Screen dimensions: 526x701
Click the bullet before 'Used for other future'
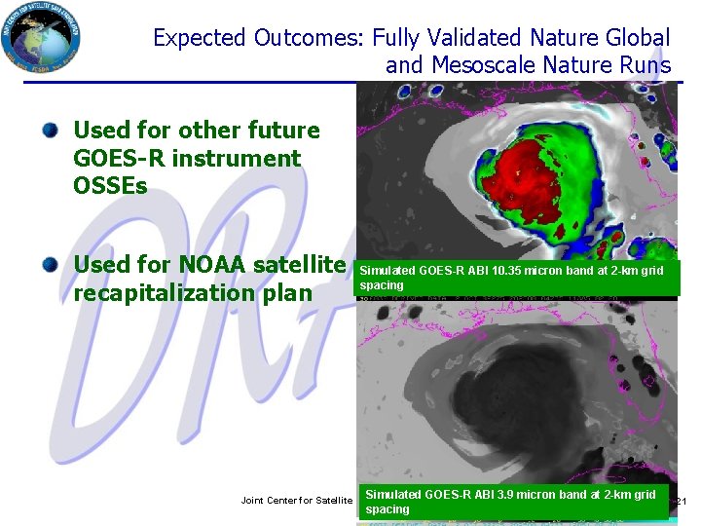[x=51, y=130]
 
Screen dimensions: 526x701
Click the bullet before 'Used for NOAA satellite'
[x=51, y=264]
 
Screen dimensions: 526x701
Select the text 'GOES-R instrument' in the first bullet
[x=187, y=158]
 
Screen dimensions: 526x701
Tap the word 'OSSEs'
[x=110, y=185]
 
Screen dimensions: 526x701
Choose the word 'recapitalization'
[x=168, y=292]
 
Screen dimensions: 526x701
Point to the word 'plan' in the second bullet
[x=289, y=292]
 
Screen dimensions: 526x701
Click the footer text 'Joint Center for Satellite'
[x=296, y=500]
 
